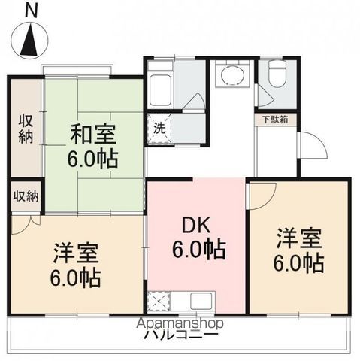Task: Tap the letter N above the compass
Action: coord(30,10)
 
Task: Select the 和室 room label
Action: coord(93,135)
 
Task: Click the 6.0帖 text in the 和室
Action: coord(93,160)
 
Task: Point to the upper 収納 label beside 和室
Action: coord(26,129)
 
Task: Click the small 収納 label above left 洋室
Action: coord(26,196)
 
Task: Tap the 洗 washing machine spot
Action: coord(159,127)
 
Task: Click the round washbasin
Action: coord(230,76)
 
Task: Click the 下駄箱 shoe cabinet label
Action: coord(277,120)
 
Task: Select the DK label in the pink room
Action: coord(198,225)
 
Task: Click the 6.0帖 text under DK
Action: coord(198,250)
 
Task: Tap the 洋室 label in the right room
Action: coord(298,239)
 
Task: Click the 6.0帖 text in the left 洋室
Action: coord(76,277)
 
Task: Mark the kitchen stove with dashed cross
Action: coord(159,302)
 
